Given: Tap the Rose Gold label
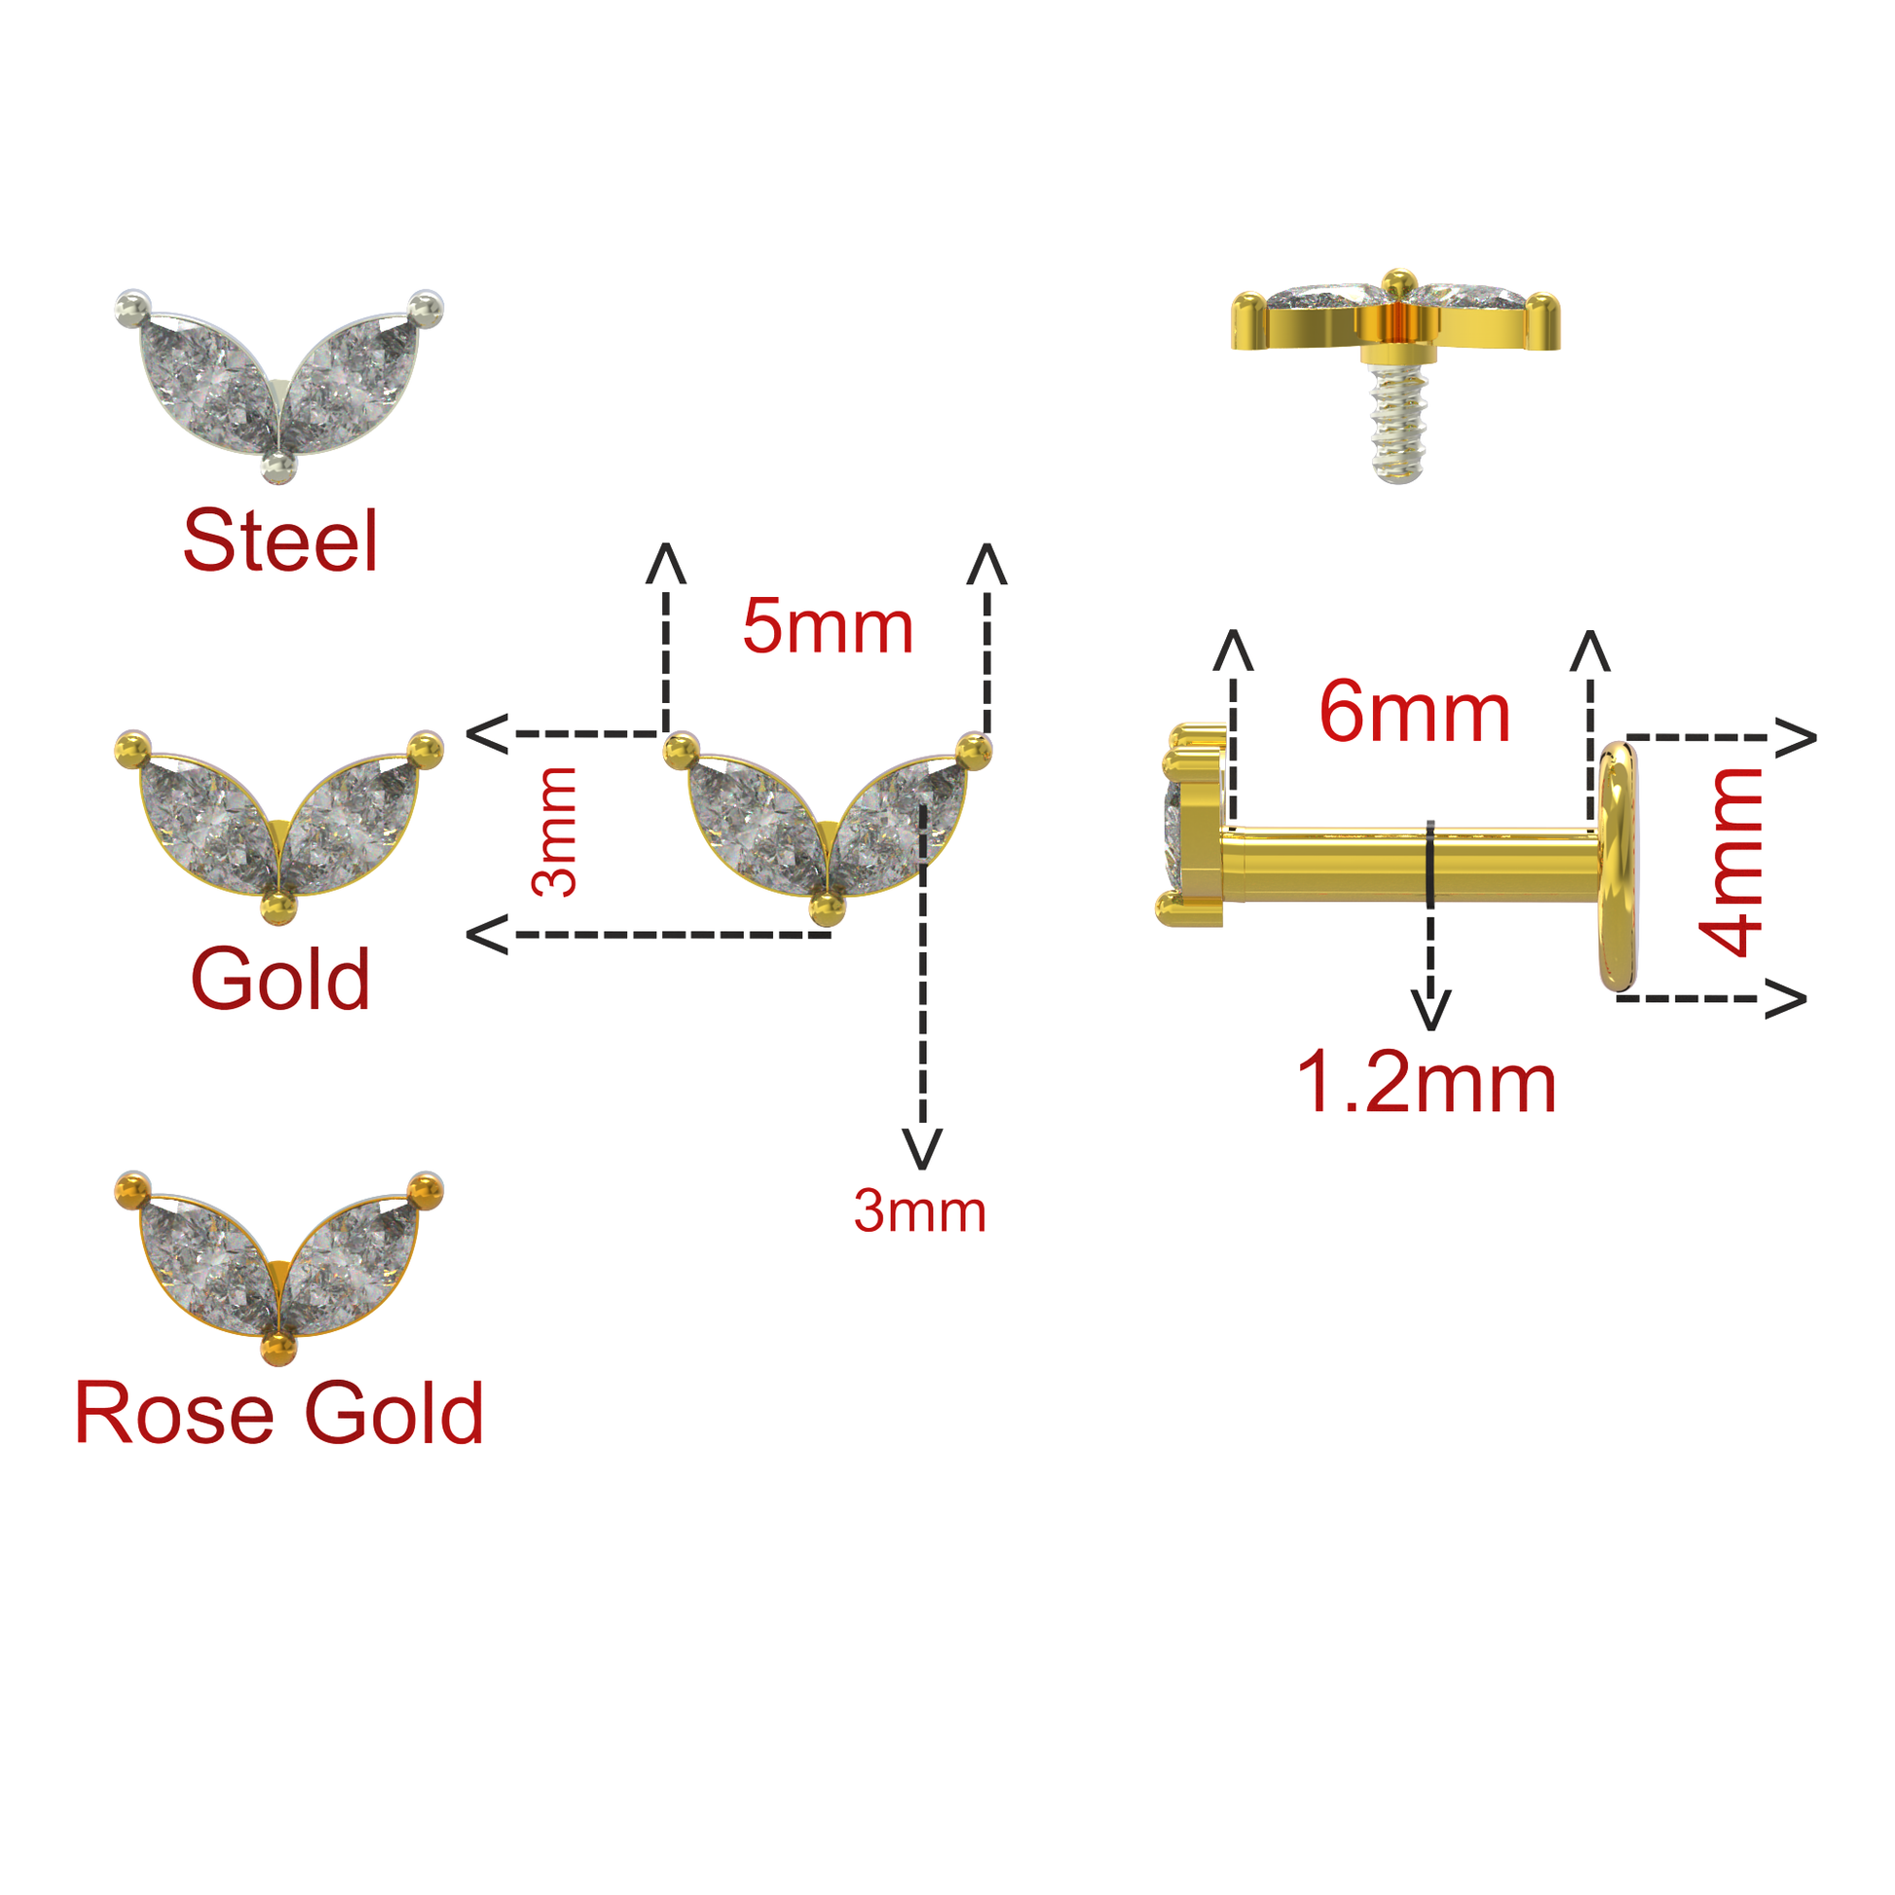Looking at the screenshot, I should [279, 1413].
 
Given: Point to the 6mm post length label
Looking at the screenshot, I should [1413, 712].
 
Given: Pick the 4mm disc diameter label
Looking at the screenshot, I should [1734, 861].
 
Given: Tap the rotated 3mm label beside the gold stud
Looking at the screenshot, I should [554, 831].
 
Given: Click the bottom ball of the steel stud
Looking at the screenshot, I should [279, 467].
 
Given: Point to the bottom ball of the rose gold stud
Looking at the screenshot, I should [279, 1350].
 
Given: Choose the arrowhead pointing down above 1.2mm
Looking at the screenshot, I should [1431, 1010].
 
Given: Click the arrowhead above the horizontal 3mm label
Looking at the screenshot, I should [922, 1147].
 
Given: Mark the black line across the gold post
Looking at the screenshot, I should [1431, 863].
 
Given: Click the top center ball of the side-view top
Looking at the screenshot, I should [1398, 284].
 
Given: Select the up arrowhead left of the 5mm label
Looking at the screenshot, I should [666, 564].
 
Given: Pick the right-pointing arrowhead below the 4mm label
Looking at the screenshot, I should [1787, 998].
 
